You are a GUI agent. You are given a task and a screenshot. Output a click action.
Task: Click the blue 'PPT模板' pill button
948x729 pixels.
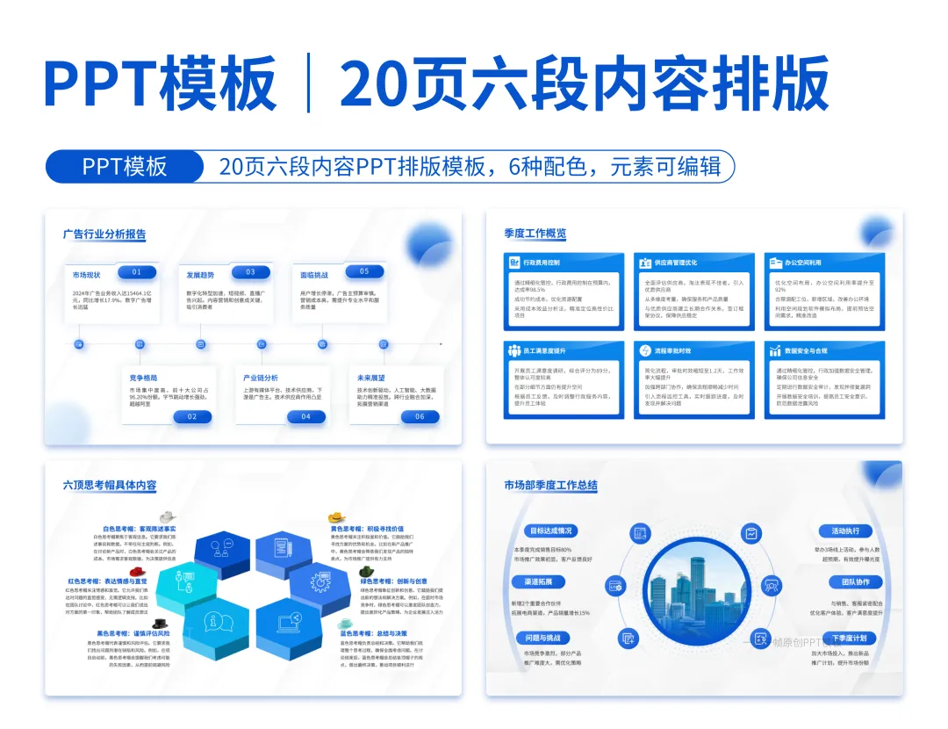(x=125, y=166)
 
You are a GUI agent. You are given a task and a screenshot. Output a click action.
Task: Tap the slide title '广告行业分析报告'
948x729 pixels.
(x=104, y=235)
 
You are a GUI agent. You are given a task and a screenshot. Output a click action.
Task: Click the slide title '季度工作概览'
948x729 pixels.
(x=535, y=234)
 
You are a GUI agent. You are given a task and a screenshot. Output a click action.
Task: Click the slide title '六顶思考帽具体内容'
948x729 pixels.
(x=110, y=485)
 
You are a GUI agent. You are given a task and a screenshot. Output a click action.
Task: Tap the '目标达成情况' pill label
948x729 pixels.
(x=550, y=531)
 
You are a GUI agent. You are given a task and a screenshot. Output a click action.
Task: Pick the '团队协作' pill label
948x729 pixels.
(x=856, y=582)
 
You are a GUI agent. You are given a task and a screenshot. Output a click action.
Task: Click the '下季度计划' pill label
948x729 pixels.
(x=849, y=638)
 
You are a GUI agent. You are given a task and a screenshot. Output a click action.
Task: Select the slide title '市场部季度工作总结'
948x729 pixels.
(x=550, y=485)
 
